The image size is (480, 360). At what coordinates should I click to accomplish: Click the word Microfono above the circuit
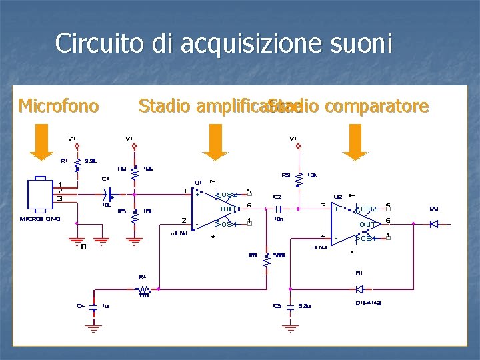59,105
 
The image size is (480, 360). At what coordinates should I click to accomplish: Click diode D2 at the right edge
434,224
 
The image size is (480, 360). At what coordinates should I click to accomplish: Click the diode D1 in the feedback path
360,289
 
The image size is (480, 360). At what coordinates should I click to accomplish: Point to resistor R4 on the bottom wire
143,289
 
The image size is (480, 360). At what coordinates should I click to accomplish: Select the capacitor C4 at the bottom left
93,307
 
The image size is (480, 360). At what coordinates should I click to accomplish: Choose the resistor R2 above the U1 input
134,171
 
